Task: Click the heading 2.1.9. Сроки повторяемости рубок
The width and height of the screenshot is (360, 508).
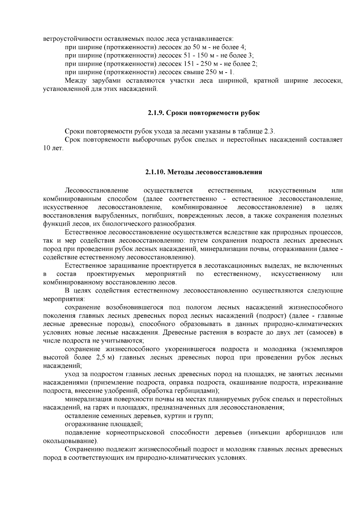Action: point(203,113)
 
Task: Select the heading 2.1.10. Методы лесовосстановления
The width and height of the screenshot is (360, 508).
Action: point(203,172)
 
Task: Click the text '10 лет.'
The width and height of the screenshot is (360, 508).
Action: point(53,148)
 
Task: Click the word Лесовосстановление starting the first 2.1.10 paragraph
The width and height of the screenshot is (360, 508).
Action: point(97,190)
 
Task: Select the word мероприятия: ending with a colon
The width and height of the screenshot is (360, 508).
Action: point(64,299)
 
